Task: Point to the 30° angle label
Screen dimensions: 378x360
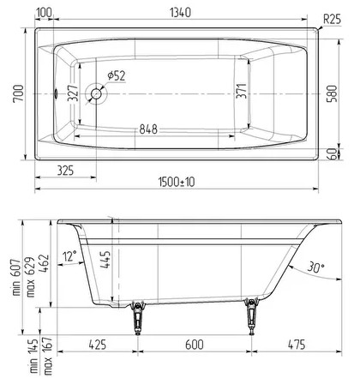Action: tap(315, 267)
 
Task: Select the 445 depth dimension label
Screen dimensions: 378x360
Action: tap(104, 260)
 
